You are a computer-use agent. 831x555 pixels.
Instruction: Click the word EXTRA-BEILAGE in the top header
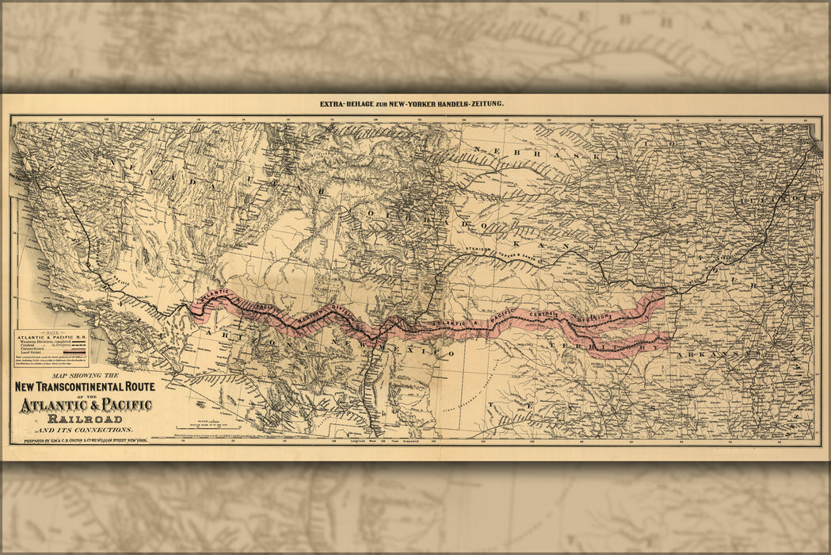click(347, 104)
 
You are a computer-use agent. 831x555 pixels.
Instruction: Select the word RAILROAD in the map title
click(85, 419)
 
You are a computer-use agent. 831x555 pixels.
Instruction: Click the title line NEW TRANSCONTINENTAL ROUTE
click(85, 388)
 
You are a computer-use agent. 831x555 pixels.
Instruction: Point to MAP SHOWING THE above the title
click(85, 375)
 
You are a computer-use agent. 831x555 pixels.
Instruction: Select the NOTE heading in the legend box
click(51, 332)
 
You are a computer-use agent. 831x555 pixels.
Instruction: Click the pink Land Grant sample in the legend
click(77, 354)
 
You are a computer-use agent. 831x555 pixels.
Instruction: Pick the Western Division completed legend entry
click(44, 342)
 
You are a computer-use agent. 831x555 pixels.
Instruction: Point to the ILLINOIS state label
click(772, 199)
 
